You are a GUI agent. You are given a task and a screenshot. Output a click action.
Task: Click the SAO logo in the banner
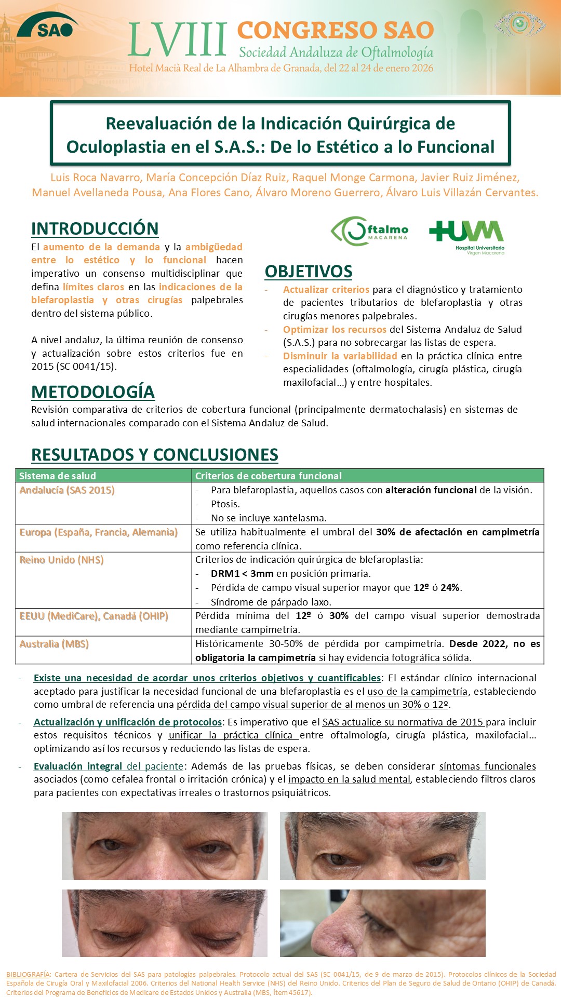pos(47,26)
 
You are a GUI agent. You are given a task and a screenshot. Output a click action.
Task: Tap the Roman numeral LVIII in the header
pos(177,39)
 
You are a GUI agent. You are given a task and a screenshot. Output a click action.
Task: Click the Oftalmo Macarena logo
pos(369,231)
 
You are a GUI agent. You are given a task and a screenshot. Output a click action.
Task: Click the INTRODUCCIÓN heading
pos(95,228)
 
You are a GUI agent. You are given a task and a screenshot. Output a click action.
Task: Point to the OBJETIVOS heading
pos(309,272)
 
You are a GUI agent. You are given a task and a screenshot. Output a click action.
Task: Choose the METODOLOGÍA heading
pos(93,392)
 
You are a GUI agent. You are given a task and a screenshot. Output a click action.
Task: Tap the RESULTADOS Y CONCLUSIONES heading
pos(155,455)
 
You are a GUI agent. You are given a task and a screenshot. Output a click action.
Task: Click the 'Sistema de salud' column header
pos(58,476)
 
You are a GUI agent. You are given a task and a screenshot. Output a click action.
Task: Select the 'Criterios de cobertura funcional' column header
pos(269,476)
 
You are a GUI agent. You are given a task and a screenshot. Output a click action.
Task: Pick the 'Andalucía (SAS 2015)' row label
pos(67,490)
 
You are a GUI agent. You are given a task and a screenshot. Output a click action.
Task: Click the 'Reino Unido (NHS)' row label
pos(62,560)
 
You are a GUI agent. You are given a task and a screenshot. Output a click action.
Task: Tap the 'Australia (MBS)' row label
pos(54,644)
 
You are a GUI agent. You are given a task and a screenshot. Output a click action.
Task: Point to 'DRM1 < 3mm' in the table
pos(242,574)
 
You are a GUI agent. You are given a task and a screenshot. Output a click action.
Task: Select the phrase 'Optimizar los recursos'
pos(335,329)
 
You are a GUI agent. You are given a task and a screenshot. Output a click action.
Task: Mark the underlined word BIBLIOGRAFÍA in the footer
pos(28,974)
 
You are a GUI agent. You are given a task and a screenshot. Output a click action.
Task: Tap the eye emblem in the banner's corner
pos(519,23)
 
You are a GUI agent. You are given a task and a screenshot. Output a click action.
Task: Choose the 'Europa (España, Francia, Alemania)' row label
pos(99,532)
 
